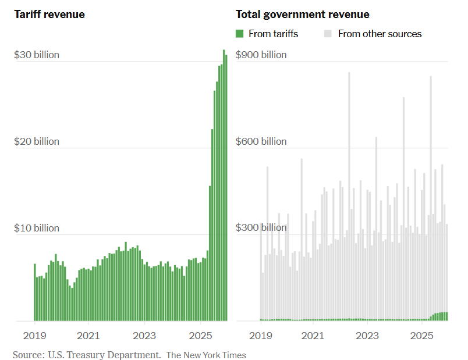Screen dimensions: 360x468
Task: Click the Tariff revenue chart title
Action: click(49, 14)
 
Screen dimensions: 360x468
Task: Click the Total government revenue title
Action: click(302, 14)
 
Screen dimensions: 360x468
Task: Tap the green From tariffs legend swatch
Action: click(239, 34)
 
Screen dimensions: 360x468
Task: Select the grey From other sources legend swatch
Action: click(328, 34)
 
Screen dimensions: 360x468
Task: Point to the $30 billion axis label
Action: click(37, 55)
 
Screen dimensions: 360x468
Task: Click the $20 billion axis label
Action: click(37, 141)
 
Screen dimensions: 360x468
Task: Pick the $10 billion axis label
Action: click(37, 228)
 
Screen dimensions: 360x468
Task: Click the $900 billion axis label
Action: click(261, 55)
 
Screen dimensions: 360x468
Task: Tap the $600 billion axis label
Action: click(261, 141)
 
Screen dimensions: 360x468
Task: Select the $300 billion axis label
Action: click(261, 227)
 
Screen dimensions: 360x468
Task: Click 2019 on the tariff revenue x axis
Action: click(34, 336)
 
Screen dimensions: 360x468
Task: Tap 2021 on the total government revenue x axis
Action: click(313, 336)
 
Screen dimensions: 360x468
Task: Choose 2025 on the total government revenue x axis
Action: click(421, 336)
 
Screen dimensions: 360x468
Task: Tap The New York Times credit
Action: click(206, 355)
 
